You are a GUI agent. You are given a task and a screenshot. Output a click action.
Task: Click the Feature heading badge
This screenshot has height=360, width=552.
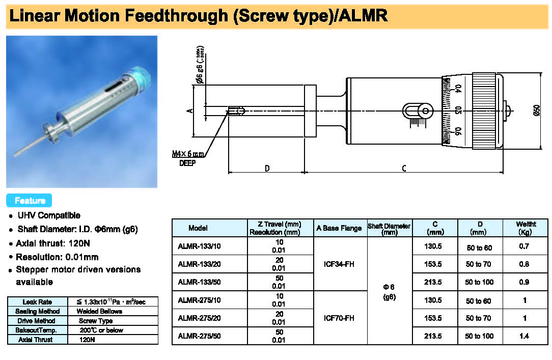[x=30, y=201]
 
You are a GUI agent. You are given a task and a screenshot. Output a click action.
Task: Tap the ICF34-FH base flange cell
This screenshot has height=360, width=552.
[x=339, y=264]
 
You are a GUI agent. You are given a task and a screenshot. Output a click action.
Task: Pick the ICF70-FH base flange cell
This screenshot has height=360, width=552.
[x=339, y=318]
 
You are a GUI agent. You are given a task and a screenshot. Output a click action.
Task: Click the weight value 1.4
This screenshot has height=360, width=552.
[x=525, y=336]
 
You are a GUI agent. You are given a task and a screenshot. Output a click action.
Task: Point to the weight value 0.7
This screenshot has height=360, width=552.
[x=525, y=246]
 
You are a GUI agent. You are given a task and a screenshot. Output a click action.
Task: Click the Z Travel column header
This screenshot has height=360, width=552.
[x=275, y=228]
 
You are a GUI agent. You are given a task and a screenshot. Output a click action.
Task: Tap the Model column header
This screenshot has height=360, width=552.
[x=198, y=228]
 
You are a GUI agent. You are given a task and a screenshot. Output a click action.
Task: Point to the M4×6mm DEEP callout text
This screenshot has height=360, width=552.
[x=188, y=157]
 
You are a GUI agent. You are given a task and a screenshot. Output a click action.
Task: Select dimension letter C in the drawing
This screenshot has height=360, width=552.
[x=404, y=169]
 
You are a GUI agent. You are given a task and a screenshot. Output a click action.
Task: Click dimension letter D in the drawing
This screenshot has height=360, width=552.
[x=267, y=169]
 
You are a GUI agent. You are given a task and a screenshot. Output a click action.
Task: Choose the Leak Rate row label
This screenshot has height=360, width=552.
[x=37, y=302]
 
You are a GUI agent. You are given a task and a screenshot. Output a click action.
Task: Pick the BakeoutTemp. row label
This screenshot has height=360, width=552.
[x=37, y=330]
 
